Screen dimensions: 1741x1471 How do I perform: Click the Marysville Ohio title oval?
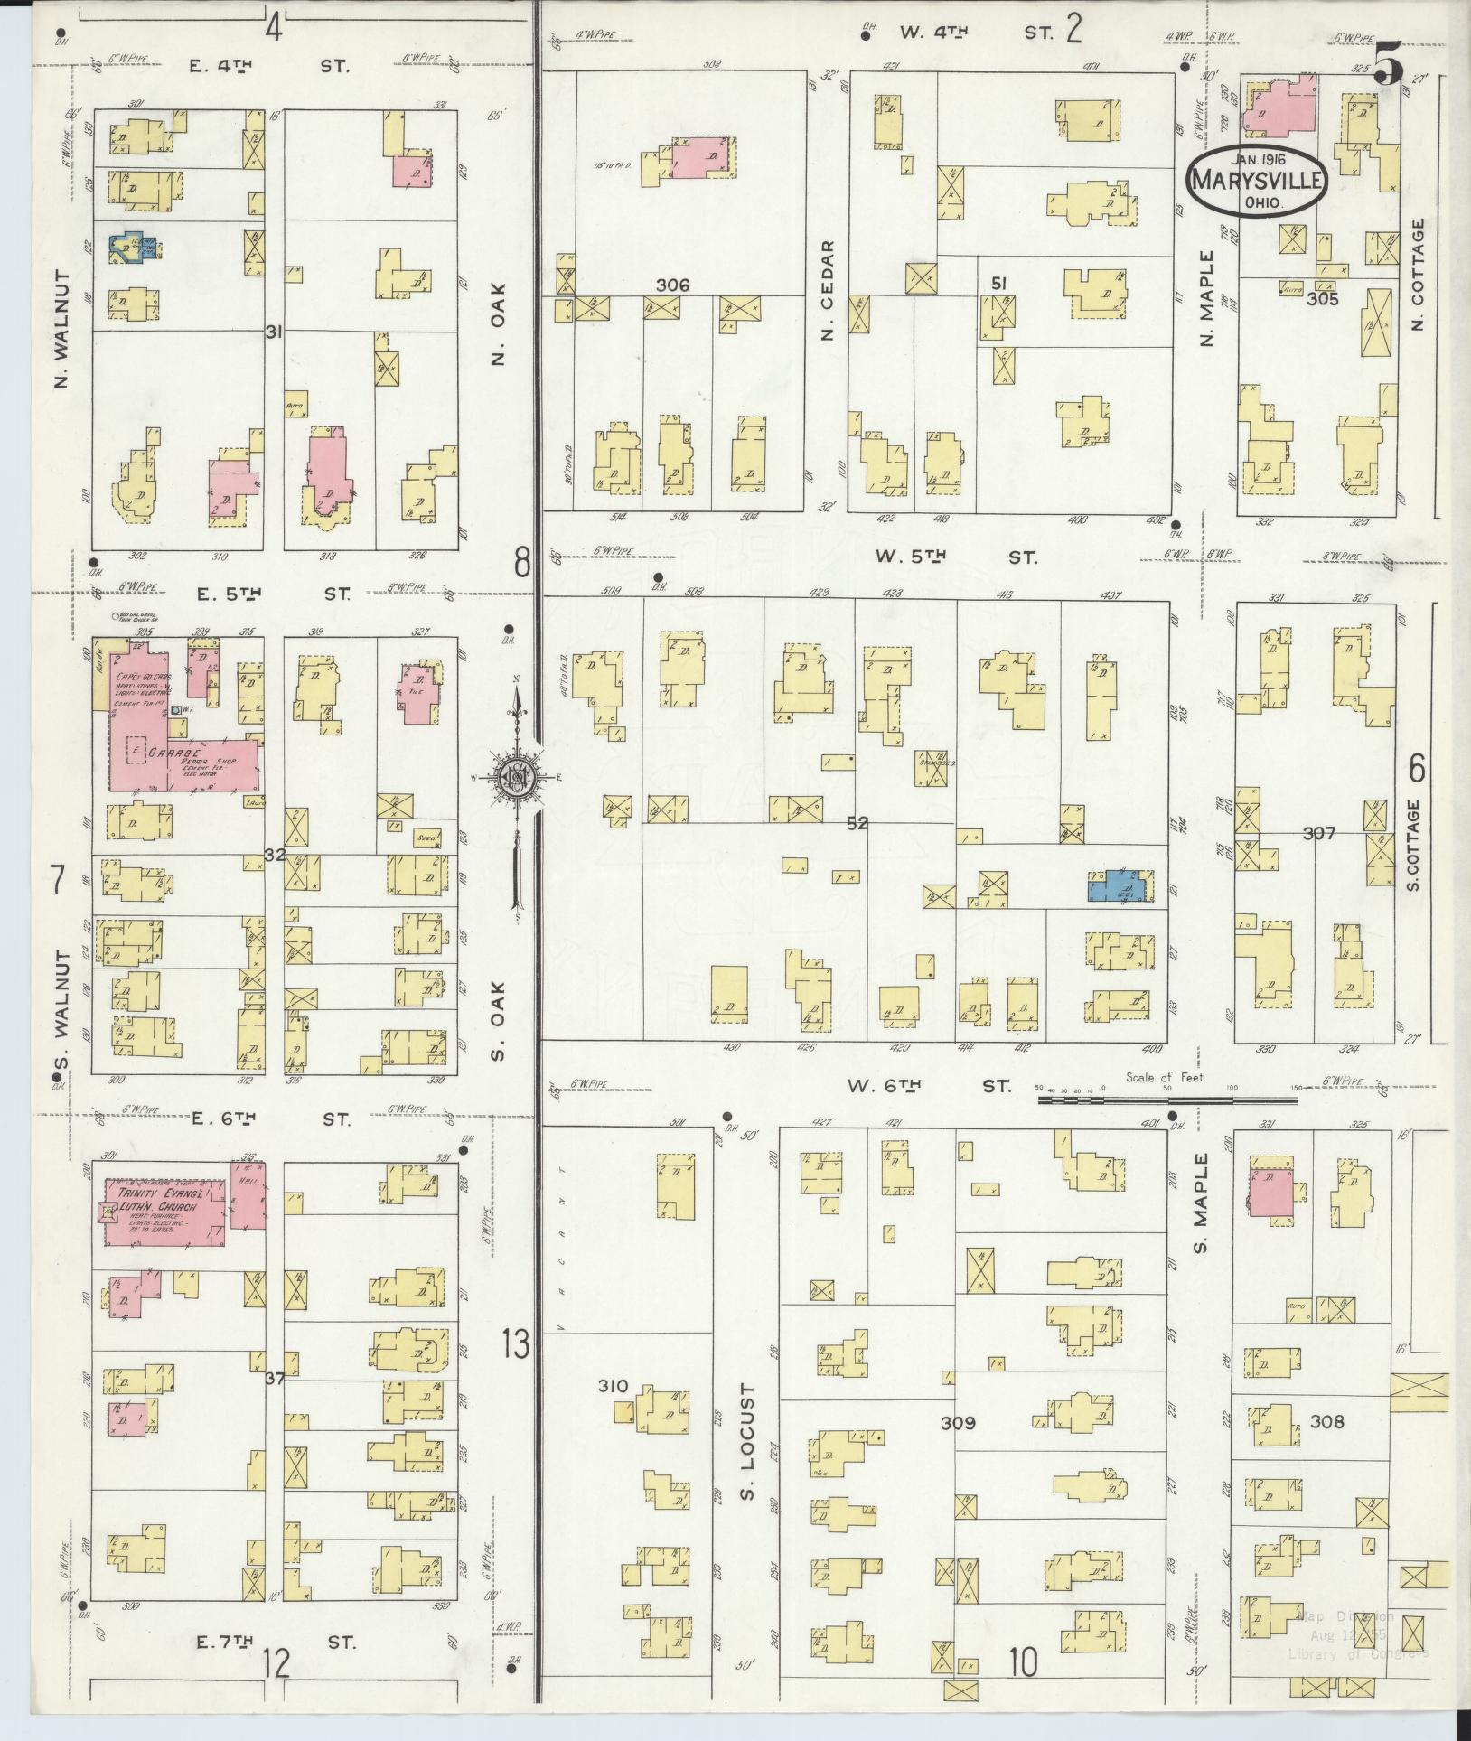tap(1257, 181)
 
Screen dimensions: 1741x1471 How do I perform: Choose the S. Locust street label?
tap(746, 1445)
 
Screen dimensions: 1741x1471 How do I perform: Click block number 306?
tap(672, 285)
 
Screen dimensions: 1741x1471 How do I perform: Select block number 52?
tap(857, 823)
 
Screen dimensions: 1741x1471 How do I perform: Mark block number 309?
tap(958, 1423)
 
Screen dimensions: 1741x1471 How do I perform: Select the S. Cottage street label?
tap(1414, 844)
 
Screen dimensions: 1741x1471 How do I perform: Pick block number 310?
tap(613, 1386)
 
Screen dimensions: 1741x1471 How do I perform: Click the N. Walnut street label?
tap(61, 330)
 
